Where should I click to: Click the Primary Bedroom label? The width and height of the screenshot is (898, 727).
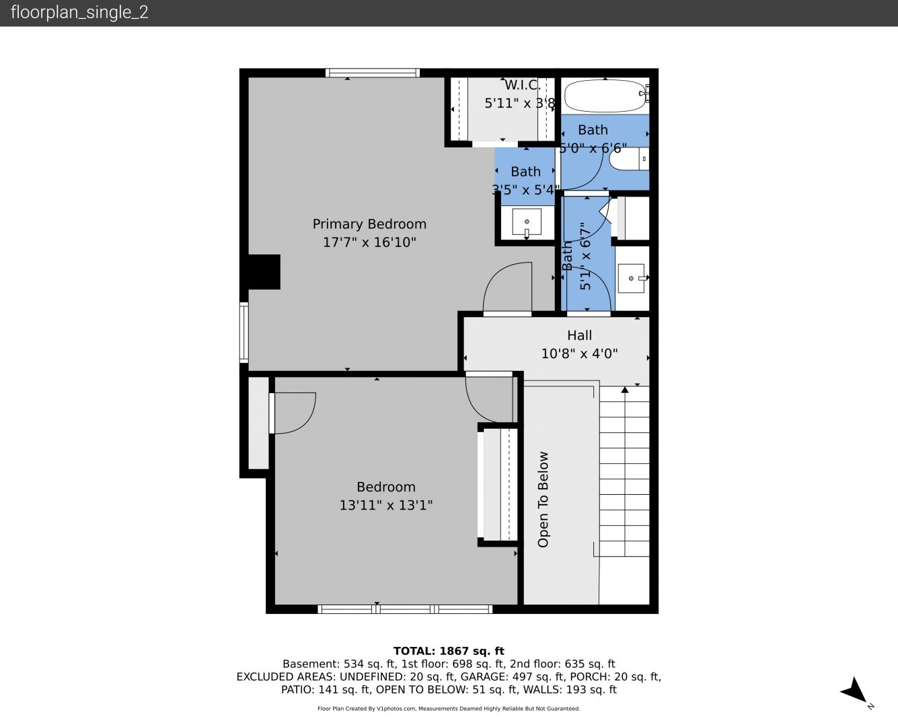(x=369, y=224)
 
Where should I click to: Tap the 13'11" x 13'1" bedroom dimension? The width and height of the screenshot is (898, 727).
(x=385, y=505)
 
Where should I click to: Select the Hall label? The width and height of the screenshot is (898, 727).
(x=579, y=335)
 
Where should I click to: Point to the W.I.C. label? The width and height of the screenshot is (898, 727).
(x=523, y=85)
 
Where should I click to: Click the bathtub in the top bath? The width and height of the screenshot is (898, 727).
(x=605, y=96)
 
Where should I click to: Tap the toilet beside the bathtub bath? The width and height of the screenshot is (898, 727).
(x=629, y=159)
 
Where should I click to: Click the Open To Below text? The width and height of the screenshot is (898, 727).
(x=543, y=499)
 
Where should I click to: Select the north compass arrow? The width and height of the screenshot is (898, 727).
(x=854, y=691)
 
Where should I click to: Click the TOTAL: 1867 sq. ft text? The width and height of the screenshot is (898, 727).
(x=449, y=651)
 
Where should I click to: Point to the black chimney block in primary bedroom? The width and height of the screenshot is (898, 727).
(x=264, y=272)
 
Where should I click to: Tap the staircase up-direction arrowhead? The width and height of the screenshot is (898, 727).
(x=625, y=390)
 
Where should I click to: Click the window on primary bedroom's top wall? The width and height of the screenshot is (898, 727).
(x=372, y=73)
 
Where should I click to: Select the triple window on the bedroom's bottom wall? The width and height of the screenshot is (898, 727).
(x=405, y=609)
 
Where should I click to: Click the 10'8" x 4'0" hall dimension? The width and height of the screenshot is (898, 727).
(x=579, y=353)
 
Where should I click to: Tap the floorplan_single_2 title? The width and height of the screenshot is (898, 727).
(x=79, y=12)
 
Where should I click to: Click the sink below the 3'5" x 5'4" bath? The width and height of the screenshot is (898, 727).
(x=527, y=222)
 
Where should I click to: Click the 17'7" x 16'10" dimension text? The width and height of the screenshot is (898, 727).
(x=369, y=242)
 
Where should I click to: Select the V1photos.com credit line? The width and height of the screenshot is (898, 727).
(x=449, y=708)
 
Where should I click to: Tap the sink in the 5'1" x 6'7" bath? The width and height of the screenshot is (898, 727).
(x=631, y=278)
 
